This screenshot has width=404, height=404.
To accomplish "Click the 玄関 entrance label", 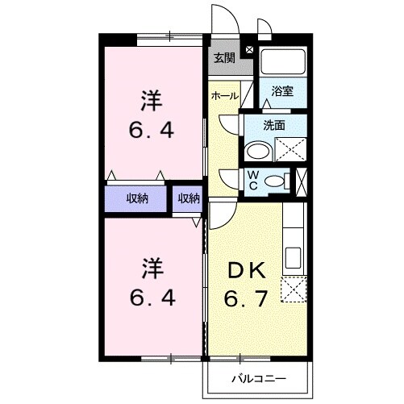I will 223,57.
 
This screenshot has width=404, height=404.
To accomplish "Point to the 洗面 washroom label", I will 275,125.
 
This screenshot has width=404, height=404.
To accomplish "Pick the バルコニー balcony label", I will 259,376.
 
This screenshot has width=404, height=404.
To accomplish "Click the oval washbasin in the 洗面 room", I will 259,151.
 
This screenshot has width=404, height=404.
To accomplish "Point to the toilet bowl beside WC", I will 277,181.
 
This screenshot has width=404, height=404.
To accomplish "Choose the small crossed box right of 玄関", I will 248,50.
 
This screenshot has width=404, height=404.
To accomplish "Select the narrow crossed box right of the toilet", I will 301,181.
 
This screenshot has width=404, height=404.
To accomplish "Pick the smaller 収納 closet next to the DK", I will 189,198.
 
